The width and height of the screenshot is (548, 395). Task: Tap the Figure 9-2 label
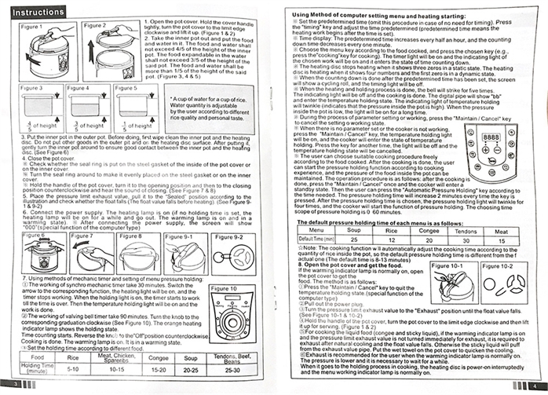click(228, 236)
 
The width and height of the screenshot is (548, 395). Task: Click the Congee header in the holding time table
click(159, 356)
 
